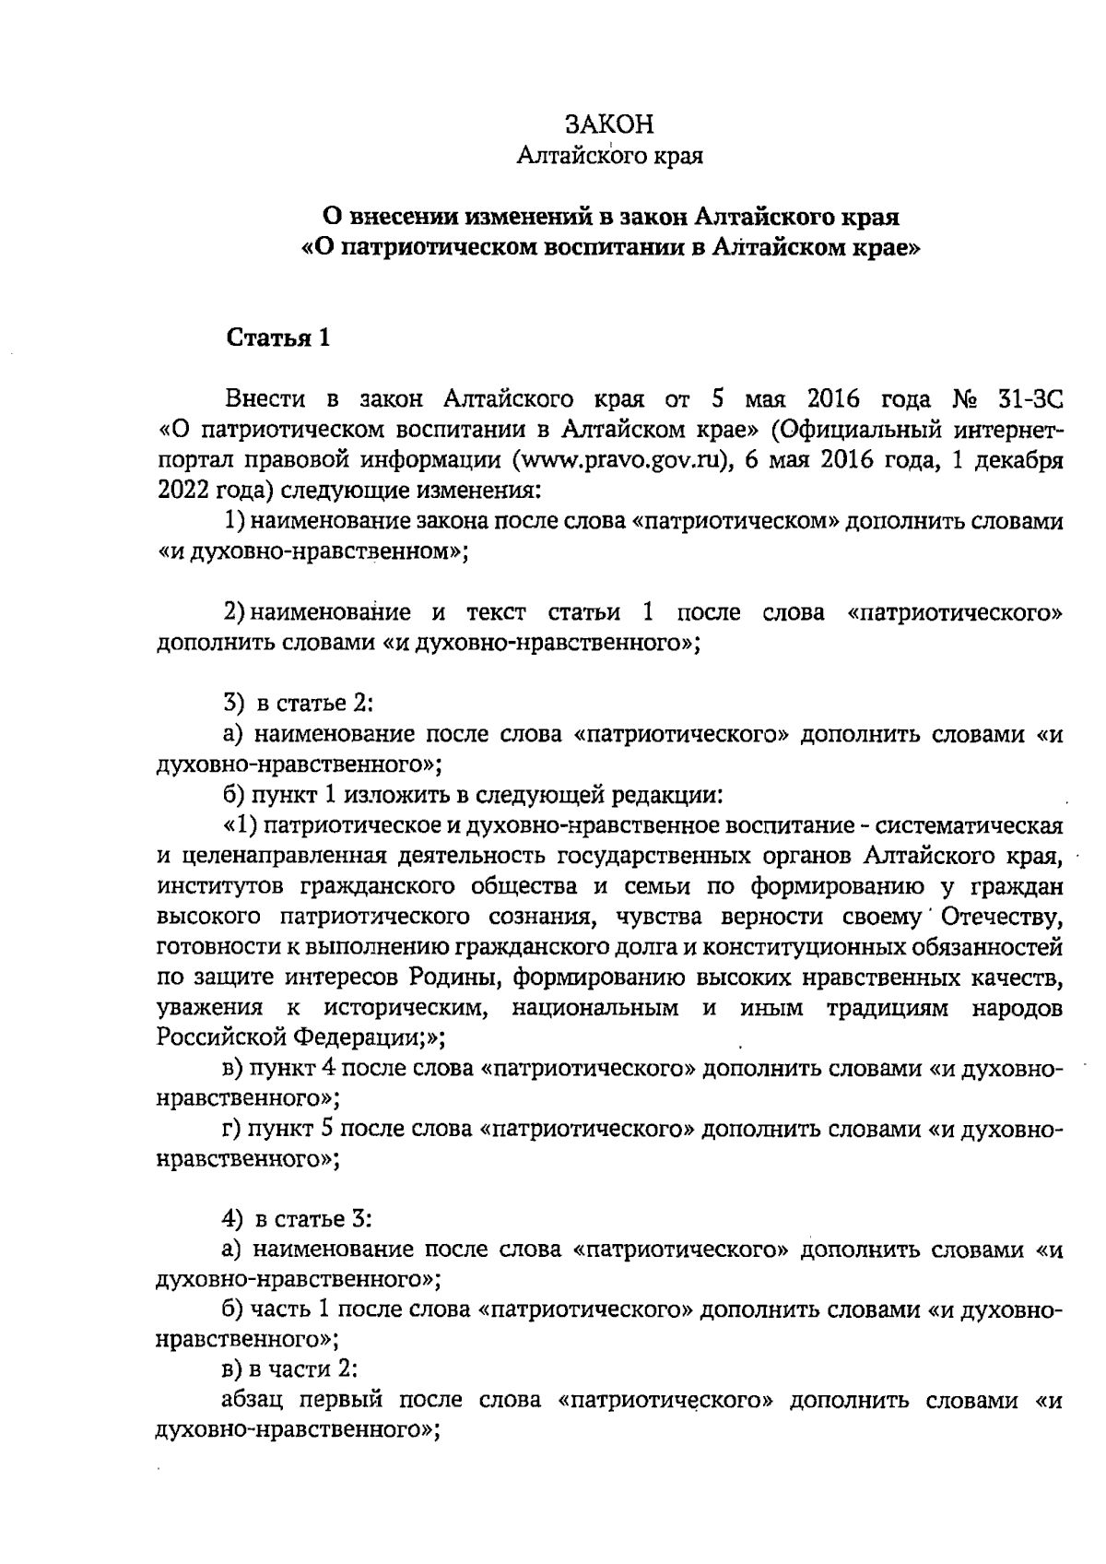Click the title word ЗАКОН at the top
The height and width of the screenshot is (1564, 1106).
(x=609, y=124)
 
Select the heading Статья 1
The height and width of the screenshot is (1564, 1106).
(x=277, y=338)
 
